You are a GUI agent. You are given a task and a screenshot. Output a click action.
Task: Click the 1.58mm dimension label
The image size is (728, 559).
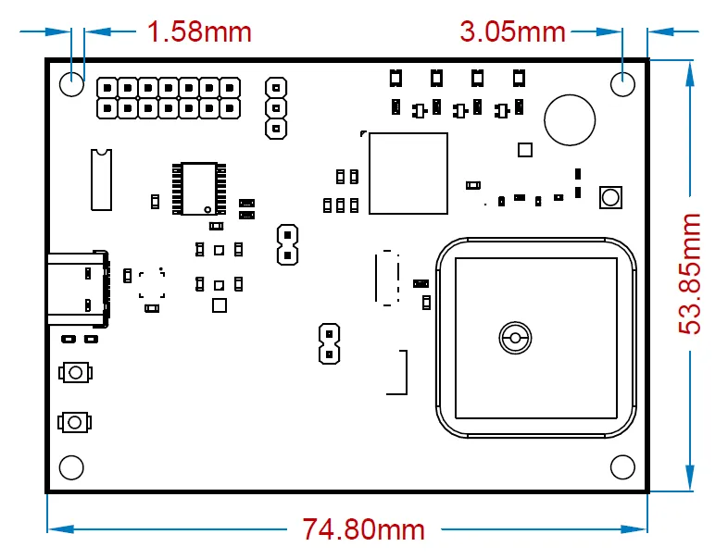pos(199,31)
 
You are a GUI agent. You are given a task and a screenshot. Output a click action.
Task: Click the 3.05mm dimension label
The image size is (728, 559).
pos(512,31)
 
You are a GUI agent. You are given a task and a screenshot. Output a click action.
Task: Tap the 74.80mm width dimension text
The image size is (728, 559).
pos(363,529)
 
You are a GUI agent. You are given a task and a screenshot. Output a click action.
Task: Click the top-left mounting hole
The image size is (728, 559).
pos(72,84)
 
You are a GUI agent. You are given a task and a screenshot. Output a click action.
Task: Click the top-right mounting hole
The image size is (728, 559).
pos(623,84)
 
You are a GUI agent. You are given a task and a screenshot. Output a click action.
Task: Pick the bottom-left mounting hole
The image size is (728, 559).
pos(72,466)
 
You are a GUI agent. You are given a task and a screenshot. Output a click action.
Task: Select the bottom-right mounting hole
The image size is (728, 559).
pos(623,466)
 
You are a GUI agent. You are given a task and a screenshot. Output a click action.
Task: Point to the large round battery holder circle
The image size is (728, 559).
pos(570,120)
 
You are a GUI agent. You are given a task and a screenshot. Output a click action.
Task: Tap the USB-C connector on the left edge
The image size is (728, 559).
pos(79,289)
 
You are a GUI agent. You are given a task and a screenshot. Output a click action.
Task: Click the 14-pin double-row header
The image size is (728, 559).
pos(168,97)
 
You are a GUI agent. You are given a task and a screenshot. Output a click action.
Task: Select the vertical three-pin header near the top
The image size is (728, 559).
pos(275,108)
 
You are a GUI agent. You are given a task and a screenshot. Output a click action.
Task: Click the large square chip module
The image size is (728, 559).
pos(408,173)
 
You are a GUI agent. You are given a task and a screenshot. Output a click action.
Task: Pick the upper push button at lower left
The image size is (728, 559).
pos(76,373)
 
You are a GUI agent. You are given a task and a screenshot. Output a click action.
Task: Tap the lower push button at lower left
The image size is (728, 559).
pos(76,422)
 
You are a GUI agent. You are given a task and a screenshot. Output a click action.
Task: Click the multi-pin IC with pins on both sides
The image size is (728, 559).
pos(199,189)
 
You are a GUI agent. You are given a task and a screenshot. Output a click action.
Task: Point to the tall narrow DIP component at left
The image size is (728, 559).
pos(101,178)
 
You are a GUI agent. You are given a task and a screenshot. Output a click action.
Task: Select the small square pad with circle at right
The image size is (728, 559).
pos(610,196)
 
